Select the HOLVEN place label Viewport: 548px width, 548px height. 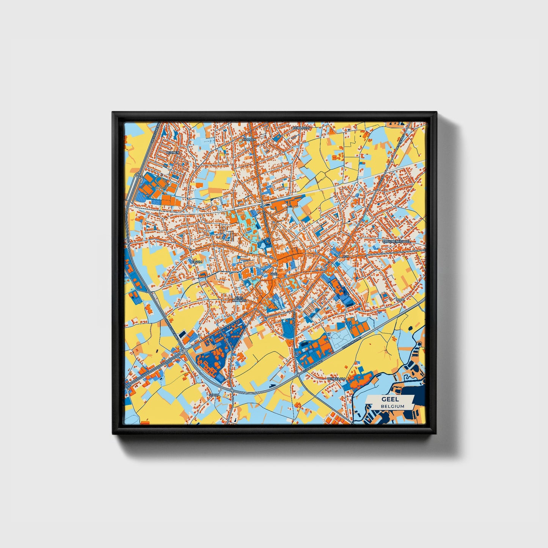(250, 139)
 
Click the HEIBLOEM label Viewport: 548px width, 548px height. (301, 128)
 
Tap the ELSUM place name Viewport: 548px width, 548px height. (196, 262)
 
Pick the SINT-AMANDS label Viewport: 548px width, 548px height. (239, 299)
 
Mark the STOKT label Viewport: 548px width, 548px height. (213, 395)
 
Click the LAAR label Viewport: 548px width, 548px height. (400, 299)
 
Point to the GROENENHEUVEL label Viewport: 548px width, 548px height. (396, 241)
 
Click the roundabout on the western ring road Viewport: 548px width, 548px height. (184, 351)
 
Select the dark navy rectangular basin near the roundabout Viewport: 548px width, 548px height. (182, 333)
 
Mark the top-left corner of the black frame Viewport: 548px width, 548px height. (113, 112)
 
